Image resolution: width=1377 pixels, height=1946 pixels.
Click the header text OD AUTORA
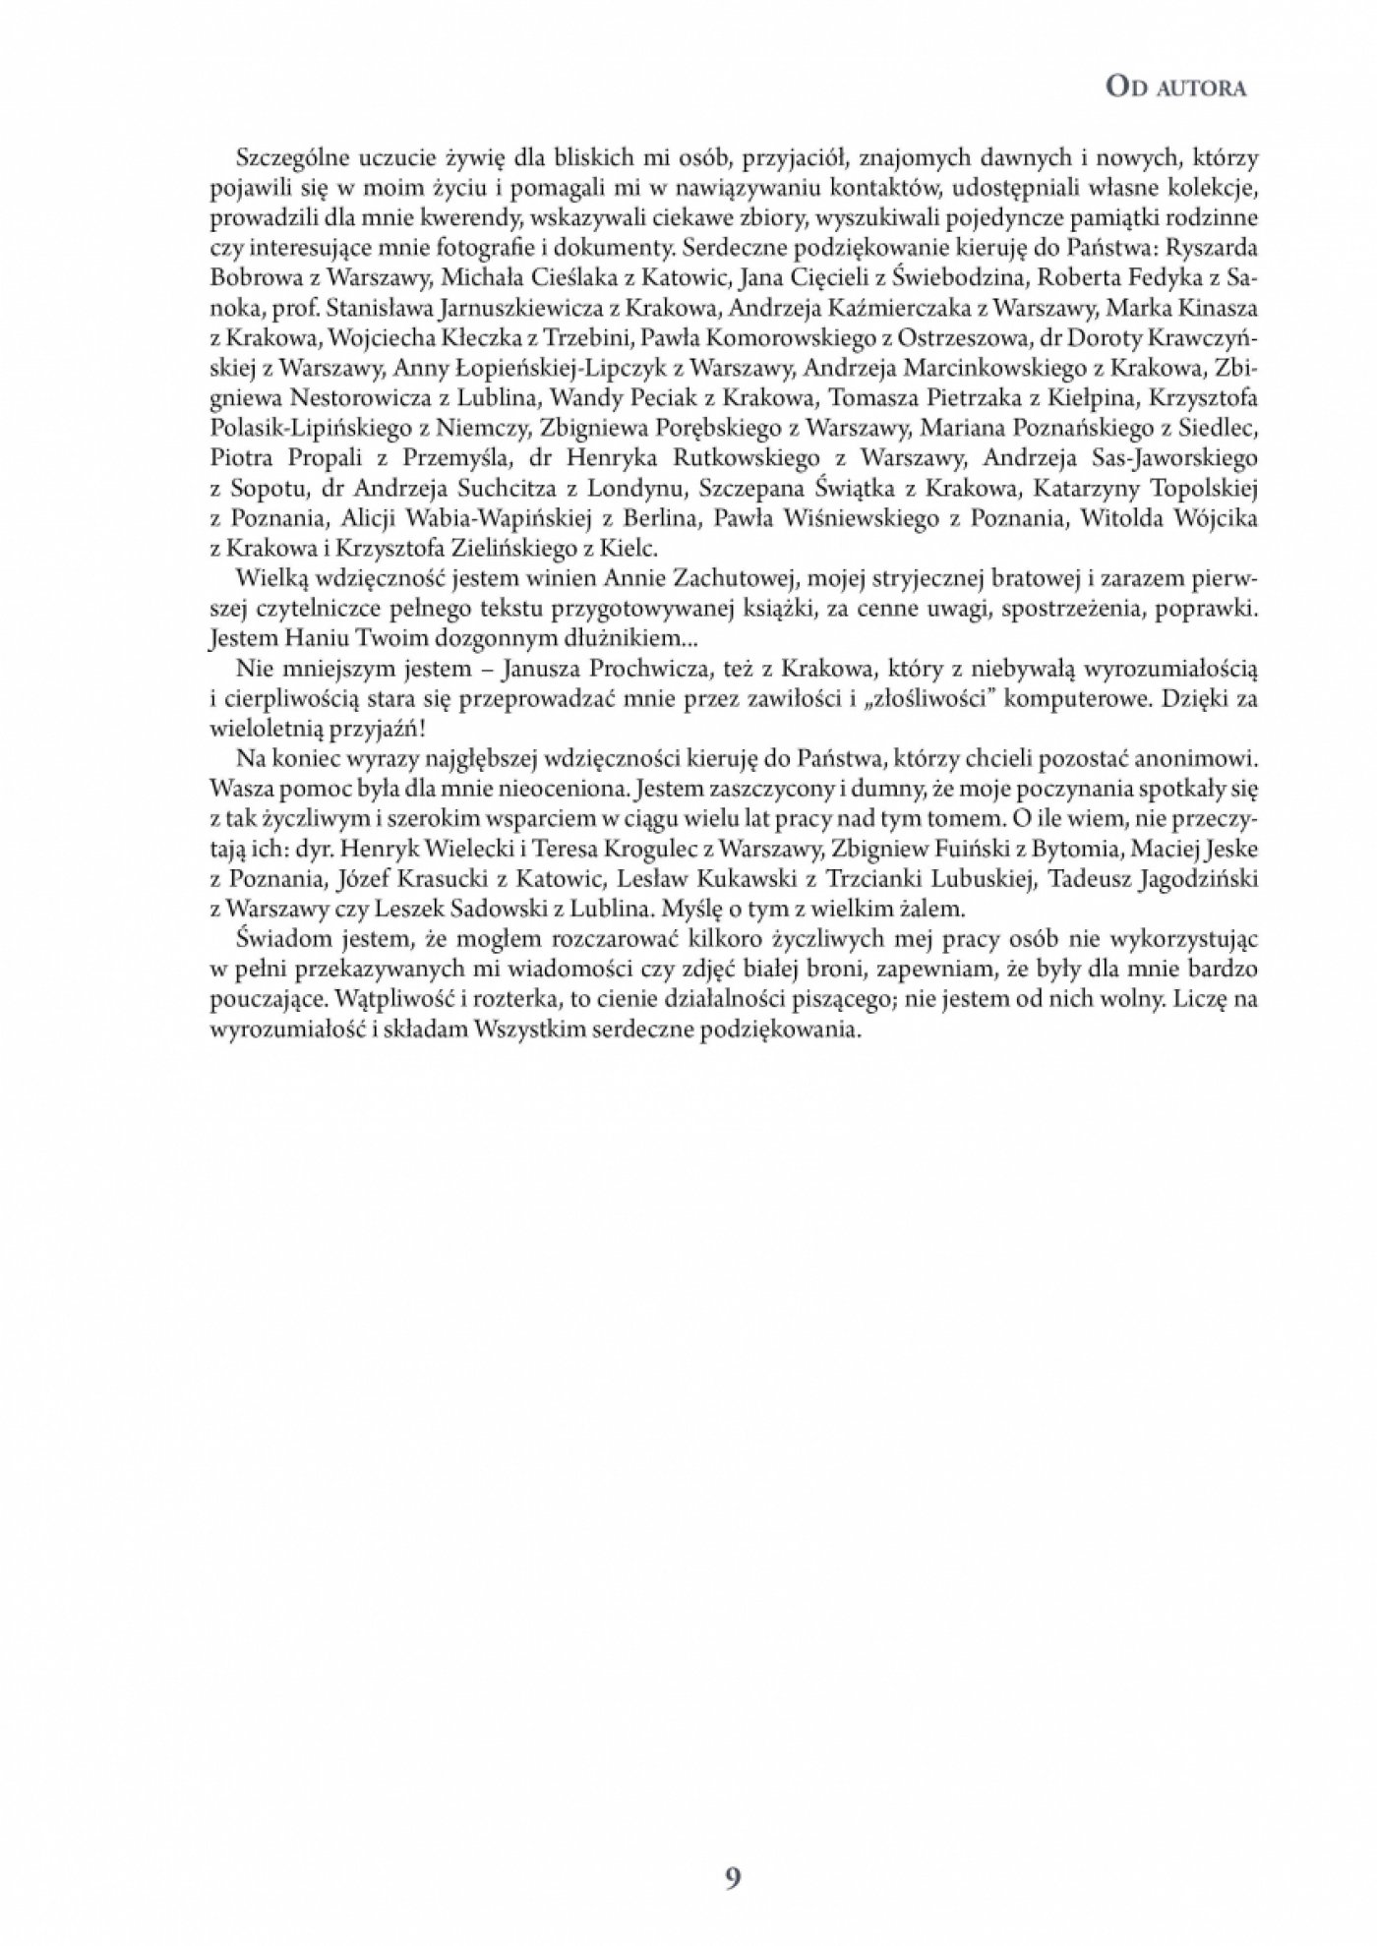coord(1175,88)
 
